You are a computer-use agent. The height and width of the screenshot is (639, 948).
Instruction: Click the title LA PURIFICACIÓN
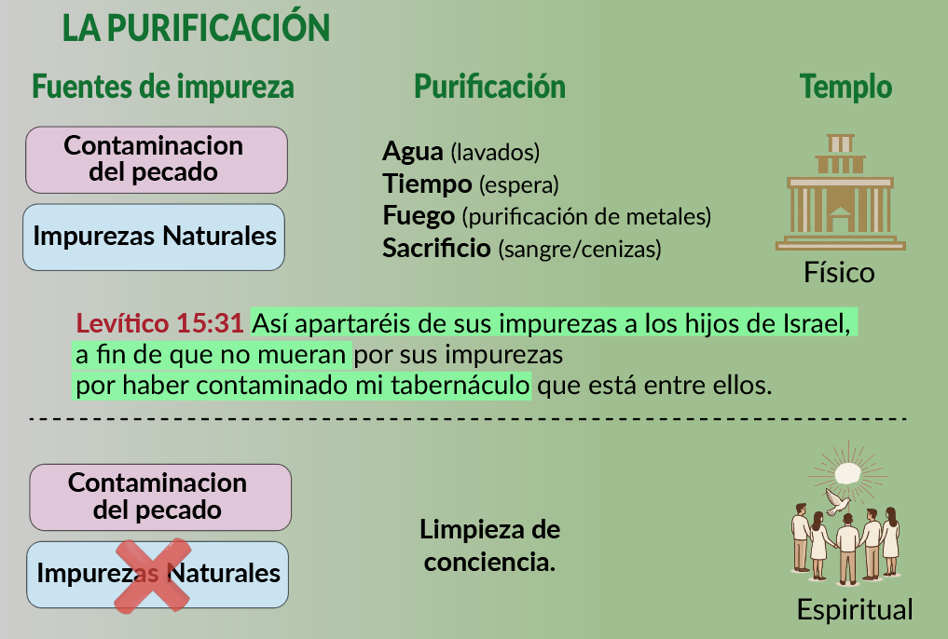[x=196, y=28]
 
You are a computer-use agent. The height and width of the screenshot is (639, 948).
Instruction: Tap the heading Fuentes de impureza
[x=162, y=87]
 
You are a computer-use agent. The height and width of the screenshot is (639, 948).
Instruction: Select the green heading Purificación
[x=489, y=87]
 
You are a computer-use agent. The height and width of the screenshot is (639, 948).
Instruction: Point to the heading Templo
[x=845, y=87]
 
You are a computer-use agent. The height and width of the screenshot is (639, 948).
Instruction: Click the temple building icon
[x=841, y=192]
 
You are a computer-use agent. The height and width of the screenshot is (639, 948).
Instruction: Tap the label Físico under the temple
[x=839, y=272]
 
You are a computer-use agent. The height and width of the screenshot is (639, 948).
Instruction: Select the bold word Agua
[x=412, y=152]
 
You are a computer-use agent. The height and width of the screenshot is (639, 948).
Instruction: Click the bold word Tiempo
[x=427, y=184]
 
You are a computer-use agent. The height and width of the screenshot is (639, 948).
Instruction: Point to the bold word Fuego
[x=419, y=215]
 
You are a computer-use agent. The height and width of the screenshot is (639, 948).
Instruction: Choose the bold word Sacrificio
[x=436, y=248]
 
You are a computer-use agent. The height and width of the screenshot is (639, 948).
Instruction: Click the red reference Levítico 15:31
[x=159, y=324]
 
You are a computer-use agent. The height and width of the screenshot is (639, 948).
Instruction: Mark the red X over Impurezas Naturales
[x=153, y=575]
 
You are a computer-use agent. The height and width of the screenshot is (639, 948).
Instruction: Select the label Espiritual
[x=854, y=609]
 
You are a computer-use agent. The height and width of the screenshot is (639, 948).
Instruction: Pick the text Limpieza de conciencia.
[x=489, y=545]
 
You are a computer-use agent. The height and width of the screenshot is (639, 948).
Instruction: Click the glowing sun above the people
[x=847, y=473]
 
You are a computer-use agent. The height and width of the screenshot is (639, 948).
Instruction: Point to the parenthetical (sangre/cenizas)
[x=580, y=249]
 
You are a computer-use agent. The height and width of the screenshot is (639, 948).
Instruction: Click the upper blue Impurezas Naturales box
[x=154, y=237]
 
